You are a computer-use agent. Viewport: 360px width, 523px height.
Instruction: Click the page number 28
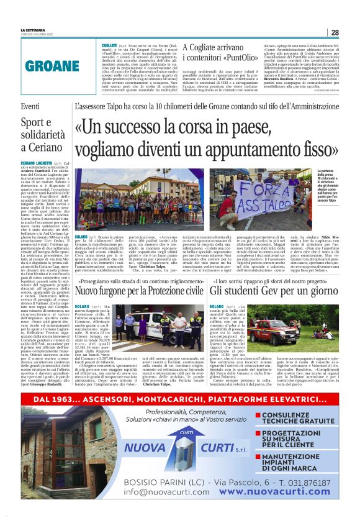[335, 32]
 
